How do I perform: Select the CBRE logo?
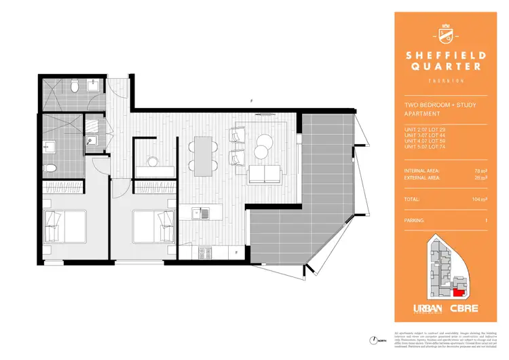click(464, 308)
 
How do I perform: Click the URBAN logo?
click(428, 308)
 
